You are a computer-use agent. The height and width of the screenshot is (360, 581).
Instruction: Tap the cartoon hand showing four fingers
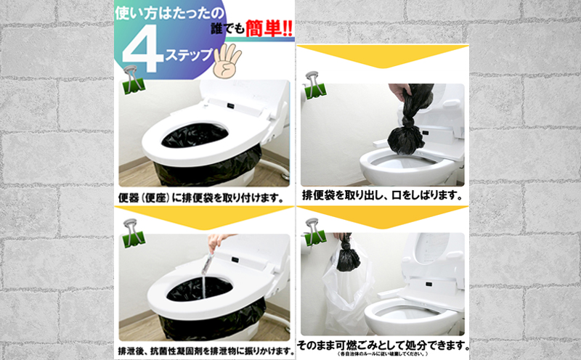click(230, 61)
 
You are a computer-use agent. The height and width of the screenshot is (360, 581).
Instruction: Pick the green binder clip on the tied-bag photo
click(314, 84)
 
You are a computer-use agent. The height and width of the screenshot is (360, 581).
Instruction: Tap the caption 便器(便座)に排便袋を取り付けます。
click(200, 197)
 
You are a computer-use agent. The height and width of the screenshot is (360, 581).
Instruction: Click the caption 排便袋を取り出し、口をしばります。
click(382, 195)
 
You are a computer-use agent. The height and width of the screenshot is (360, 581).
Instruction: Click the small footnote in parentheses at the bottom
click(382, 354)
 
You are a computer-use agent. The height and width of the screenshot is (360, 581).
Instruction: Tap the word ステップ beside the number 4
click(190, 56)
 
